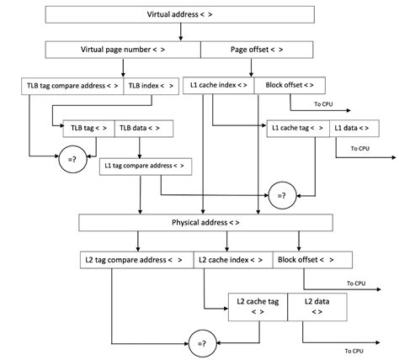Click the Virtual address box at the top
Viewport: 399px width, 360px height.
180,14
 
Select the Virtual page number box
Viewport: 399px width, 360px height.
123,50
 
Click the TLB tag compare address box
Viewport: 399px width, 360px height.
72,85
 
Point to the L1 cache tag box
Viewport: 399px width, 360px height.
297,127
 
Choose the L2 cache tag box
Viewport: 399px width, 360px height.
258,305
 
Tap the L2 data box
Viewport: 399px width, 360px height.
317,305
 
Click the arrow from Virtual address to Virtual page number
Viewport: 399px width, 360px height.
180,32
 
